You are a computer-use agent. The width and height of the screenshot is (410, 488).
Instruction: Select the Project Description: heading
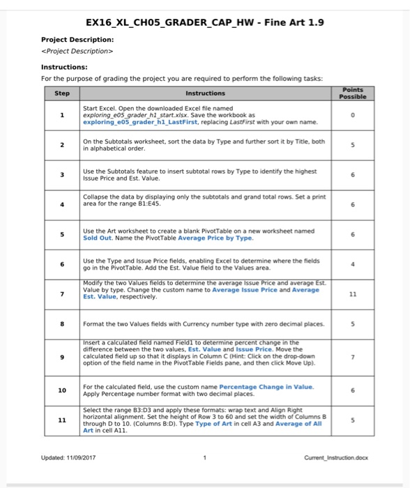tap(77, 39)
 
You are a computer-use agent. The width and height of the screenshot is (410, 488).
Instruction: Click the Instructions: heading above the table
tap(64, 67)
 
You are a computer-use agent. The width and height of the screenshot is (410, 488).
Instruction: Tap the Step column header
tap(62, 93)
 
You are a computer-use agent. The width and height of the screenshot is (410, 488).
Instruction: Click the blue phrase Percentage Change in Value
tap(266, 386)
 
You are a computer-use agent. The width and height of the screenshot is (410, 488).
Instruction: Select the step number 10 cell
tap(62, 390)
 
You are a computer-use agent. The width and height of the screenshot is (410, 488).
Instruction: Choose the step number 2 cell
tap(62, 146)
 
